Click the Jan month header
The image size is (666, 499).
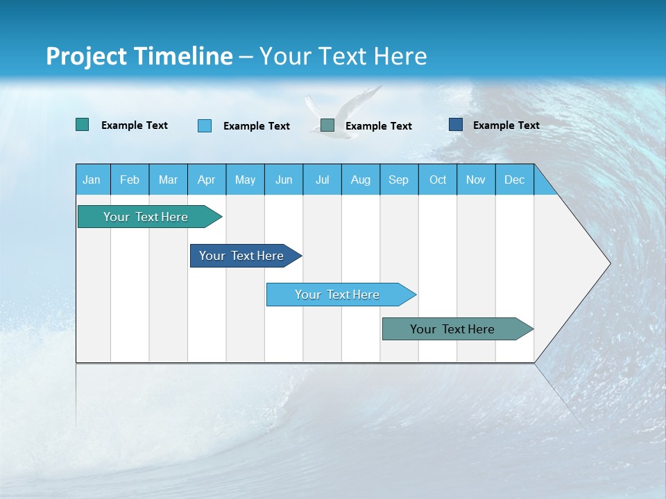click(x=92, y=180)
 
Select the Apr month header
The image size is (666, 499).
click(x=207, y=180)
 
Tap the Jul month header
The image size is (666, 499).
click(x=322, y=180)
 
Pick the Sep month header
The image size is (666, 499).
click(x=398, y=180)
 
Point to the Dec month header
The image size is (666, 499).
click(x=514, y=180)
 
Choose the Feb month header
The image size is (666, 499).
click(x=130, y=180)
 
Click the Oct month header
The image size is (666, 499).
click(x=438, y=180)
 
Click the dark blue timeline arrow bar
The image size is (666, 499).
click(x=243, y=256)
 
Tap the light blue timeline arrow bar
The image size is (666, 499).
click(x=339, y=295)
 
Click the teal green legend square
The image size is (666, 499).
click(x=83, y=125)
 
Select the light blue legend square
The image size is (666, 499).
click(x=205, y=125)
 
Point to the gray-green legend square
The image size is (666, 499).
click(x=327, y=125)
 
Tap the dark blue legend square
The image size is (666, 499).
click(x=456, y=125)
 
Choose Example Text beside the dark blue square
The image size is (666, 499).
click(x=506, y=125)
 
